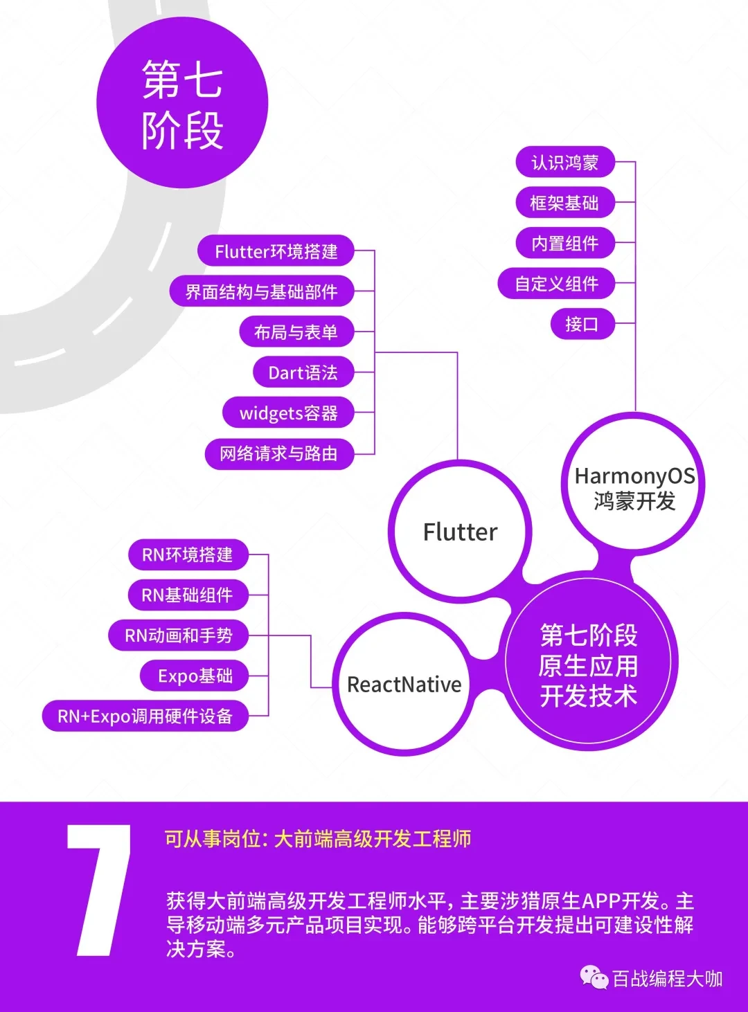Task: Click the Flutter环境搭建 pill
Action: [276, 251]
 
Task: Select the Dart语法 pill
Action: [303, 372]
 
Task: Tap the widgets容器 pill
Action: [289, 413]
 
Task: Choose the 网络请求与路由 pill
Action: [280, 454]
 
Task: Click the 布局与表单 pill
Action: [297, 332]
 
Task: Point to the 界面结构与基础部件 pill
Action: [262, 291]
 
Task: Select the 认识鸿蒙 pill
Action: [565, 162]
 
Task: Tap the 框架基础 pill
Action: [565, 202]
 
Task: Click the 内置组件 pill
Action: [565, 243]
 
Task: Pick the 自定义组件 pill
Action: [556, 283]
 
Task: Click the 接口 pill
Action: [582, 323]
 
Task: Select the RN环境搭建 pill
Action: [188, 555]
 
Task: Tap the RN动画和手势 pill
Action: [179, 635]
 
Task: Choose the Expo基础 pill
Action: [195, 676]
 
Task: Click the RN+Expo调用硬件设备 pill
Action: [145, 716]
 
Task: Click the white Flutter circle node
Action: [460, 532]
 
